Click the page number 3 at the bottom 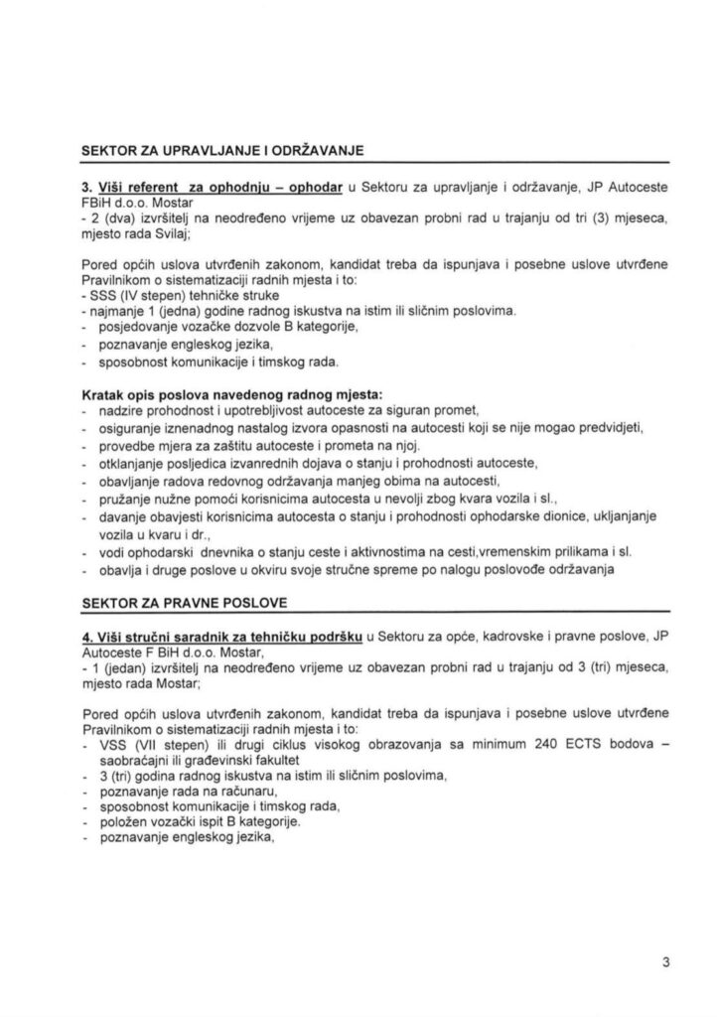[x=667, y=962]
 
